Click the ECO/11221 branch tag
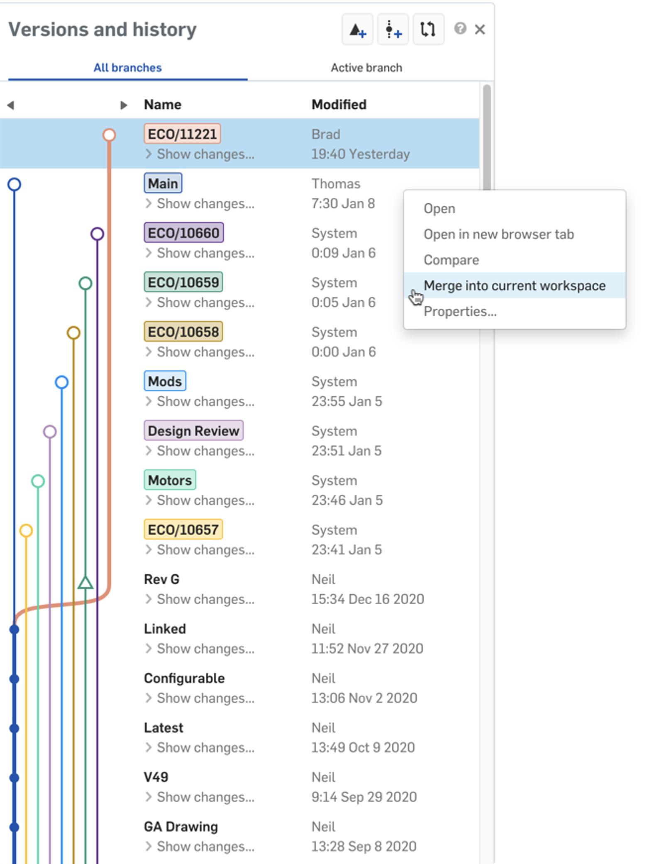(182, 134)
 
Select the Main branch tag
(163, 183)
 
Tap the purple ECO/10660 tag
(183, 233)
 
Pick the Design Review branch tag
(193, 431)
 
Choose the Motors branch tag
(170, 480)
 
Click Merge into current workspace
(514, 286)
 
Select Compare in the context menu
(451, 260)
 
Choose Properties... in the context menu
(460, 311)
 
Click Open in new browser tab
(498, 234)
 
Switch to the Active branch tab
(366, 68)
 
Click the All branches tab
(127, 68)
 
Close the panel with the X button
(480, 29)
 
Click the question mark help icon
(460, 29)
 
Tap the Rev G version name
(161, 579)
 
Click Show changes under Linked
(205, 649)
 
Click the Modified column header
(339, 105)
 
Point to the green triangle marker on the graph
(85, 583)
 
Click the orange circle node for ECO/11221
(109, 135)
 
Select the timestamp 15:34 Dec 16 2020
(367, 599)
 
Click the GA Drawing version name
(181, 827)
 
